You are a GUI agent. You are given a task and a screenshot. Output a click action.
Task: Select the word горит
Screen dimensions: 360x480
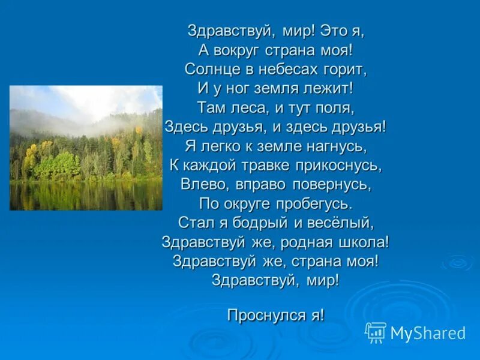pos(347,70)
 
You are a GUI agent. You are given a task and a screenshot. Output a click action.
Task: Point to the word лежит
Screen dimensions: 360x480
pos(329,89)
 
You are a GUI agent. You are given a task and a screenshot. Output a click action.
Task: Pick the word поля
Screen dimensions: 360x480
pos(336,108)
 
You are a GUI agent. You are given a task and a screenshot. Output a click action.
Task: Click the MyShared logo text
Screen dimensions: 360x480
pos(428,333)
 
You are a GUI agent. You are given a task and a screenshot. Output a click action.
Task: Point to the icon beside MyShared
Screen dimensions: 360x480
pos(376,332)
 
